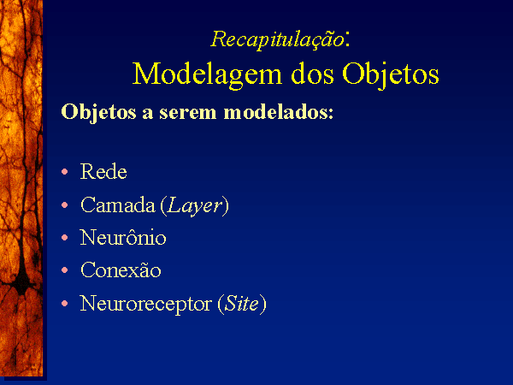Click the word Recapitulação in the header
coord(277,40)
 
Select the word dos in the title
coord(312,74)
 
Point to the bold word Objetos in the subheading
coord(98,113)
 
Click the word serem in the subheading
coord(188,113)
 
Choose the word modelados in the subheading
coord(279,112)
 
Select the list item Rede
coord(103,171)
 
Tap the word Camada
coord(118,205)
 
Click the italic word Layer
coord(195,206)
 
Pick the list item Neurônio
coord(123,237)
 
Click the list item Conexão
coord(121,270)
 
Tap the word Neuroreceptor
coord(145,305)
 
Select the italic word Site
coord(242,303)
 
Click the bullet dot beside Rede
coord(65,171)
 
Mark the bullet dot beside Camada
coord(65,205)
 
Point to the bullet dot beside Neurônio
coord(65,237)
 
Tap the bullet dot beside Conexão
coord(65,270)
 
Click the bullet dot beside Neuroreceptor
coord(65,304)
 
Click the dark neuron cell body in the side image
coord(22,281)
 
